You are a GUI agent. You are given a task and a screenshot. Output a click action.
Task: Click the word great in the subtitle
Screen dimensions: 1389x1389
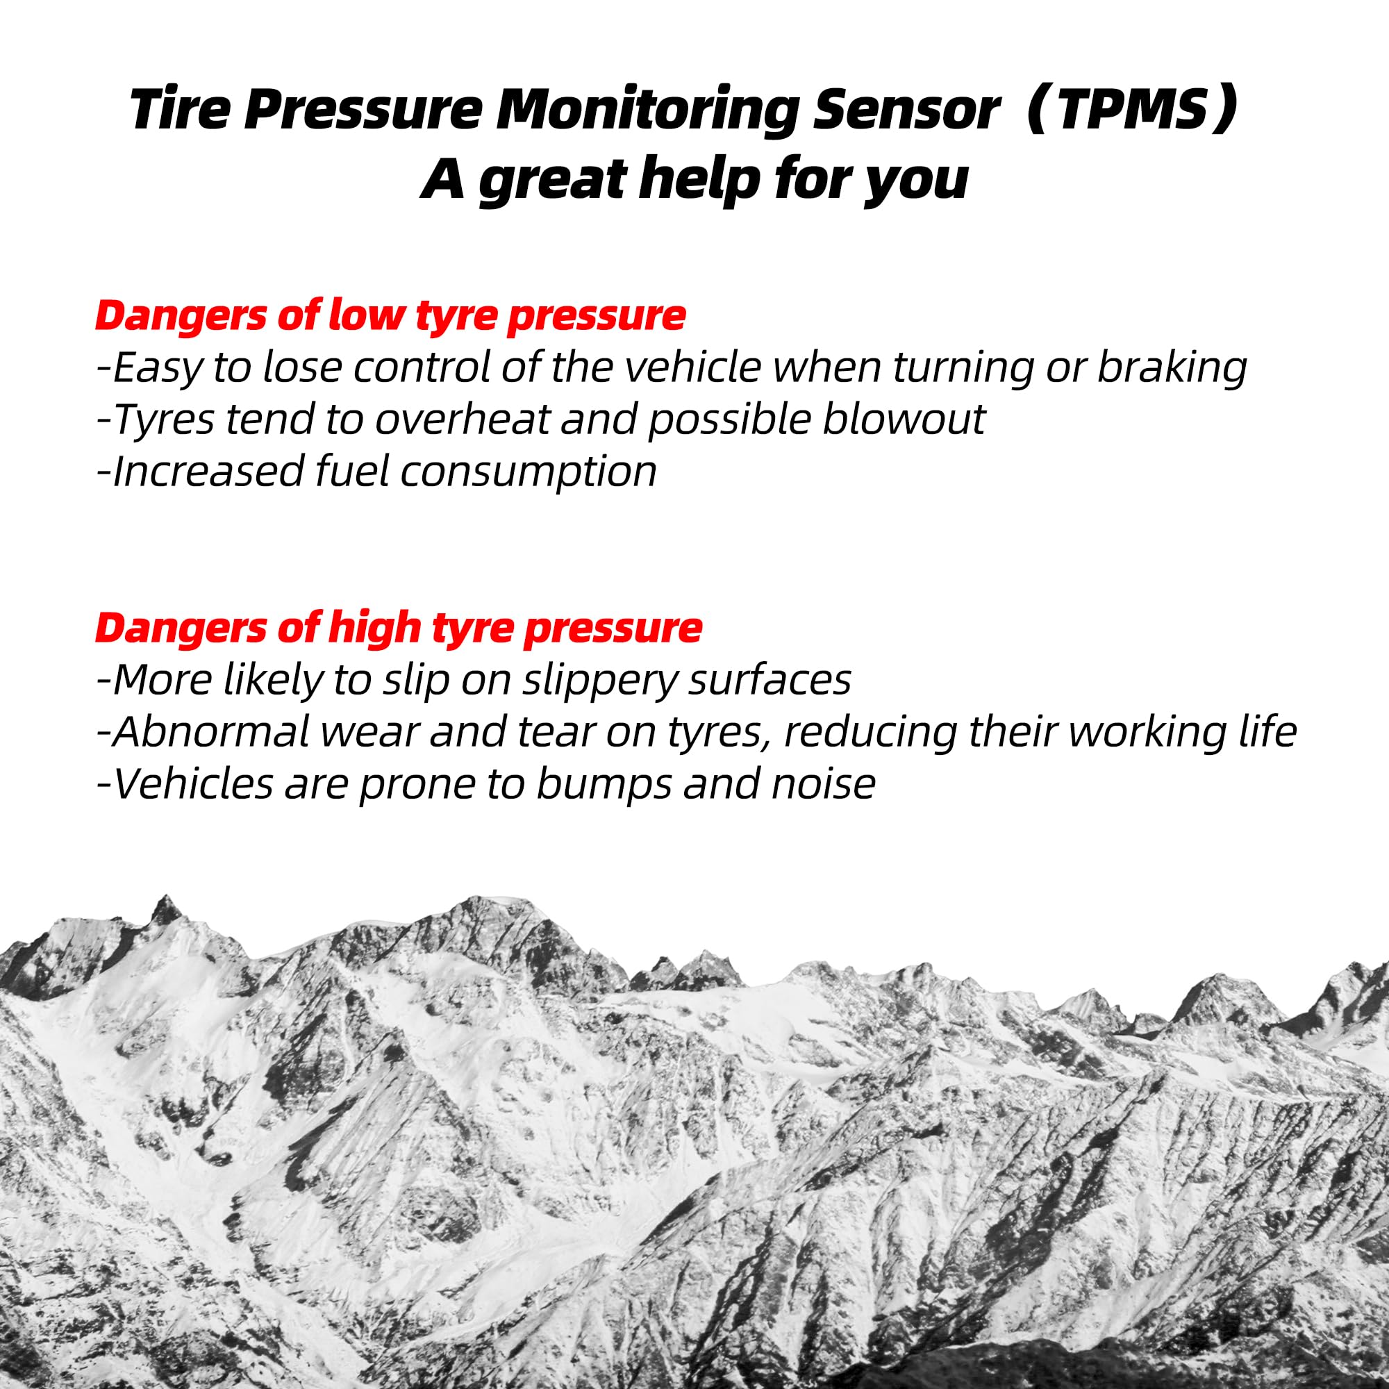point(551,180)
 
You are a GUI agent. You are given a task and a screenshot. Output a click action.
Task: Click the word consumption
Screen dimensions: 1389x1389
point(529,472)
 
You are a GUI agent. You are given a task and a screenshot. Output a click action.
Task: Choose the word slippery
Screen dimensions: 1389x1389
point(599,680)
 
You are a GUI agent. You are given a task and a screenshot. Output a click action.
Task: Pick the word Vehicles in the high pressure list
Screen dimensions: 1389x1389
point(192,783)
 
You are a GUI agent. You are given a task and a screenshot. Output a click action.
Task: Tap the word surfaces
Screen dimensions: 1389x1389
point(770,680)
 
